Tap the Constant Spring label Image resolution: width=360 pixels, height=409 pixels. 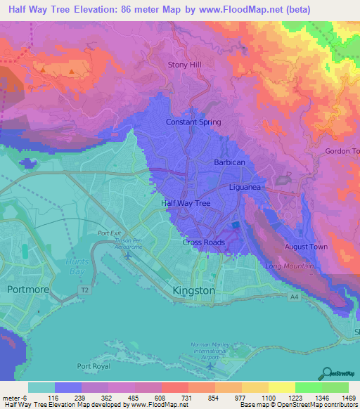tap(193, 122)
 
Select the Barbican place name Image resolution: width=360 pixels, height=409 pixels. tap(229, 162)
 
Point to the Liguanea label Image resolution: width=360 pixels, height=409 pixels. tap(245, 188)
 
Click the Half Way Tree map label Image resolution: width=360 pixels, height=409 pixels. tap(186, 203)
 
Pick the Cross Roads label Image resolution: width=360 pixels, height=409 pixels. tap(204, 242)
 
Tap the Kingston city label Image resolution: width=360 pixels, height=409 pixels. tap(193, 290)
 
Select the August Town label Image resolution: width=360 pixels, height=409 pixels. tap(306, 247)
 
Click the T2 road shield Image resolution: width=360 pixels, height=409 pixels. tap(85, 290)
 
